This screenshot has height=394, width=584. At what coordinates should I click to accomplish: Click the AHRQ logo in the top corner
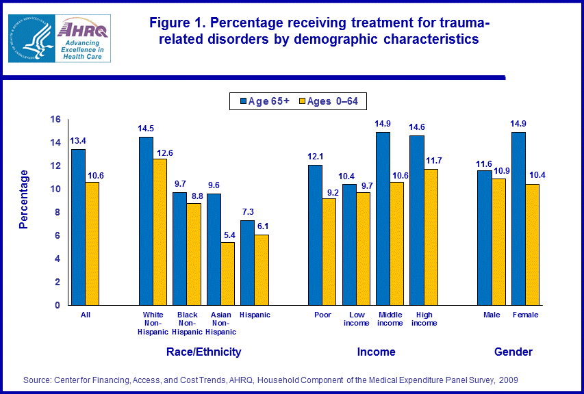pos(59,38)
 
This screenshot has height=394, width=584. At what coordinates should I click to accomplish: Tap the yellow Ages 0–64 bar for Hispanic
pos(262,270)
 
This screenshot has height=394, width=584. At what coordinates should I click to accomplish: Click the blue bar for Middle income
pos(383,218)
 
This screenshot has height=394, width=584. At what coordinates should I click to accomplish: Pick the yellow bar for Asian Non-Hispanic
pos(228,274)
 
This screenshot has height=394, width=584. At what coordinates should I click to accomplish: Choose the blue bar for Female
pos(518,218)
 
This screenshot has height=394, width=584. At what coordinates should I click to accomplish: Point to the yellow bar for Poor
pos(329,252)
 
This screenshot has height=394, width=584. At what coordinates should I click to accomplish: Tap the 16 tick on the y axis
pos(55,120)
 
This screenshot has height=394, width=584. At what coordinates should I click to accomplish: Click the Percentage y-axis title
pos(24,199)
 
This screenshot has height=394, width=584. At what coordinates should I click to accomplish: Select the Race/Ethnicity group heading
pos(204,352)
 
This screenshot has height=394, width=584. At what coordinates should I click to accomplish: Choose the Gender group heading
pos(513,352)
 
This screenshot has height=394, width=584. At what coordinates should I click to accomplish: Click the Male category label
pos(492,315)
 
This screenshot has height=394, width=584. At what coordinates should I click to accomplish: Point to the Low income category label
pos(357,319)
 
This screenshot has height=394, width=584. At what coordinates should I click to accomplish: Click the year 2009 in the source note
pos(509,379)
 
